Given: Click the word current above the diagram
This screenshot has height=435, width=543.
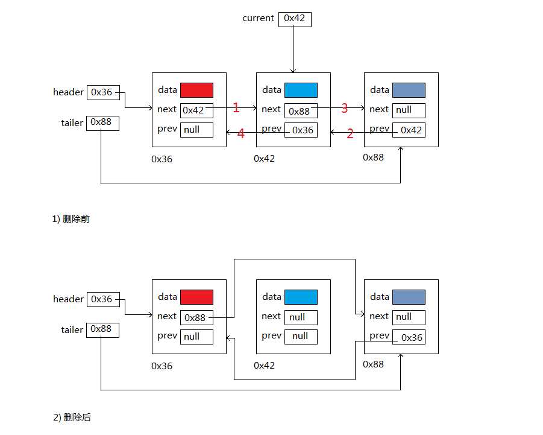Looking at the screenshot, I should click(x=258, y=18).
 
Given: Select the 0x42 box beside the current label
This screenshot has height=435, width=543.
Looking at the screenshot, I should click(x=295, y=19).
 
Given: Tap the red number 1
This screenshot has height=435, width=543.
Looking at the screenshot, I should click(x=236, y=108).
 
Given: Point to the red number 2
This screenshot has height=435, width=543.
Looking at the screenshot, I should click(x=350, y=134).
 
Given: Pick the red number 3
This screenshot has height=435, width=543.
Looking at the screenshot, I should click(x=345, y=109).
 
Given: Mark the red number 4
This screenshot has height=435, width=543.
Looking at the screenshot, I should click(x=241, y=134).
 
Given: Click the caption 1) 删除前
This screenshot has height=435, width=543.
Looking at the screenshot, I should click(x=71, y=219).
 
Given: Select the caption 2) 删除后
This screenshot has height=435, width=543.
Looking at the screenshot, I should click(x=72, y=418).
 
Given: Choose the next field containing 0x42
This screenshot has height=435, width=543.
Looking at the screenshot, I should click(x=196, y=110).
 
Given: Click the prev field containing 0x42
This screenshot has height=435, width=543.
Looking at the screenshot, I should click(x=409, y=130).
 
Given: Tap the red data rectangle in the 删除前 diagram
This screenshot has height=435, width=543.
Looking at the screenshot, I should click(x=196, y=90).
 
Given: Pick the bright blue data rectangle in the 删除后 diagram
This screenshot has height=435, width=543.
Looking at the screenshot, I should click(x=301, y=297).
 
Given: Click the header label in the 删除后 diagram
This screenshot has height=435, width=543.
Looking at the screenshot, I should click(x=68, y=299).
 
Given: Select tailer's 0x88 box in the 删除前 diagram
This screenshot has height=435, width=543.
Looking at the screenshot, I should click(x=102, y=122).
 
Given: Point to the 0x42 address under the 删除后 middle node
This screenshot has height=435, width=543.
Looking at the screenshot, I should click(x=265, y=366).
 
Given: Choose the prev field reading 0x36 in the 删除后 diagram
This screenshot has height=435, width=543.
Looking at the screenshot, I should click(x=409, y=337).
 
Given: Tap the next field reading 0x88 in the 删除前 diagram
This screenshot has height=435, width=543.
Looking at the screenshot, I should click(x=301, y=111).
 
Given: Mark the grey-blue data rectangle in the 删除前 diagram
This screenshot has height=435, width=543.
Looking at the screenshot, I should click(x=409, y=90).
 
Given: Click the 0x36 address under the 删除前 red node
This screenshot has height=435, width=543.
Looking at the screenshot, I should click(x=162, y=159).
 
